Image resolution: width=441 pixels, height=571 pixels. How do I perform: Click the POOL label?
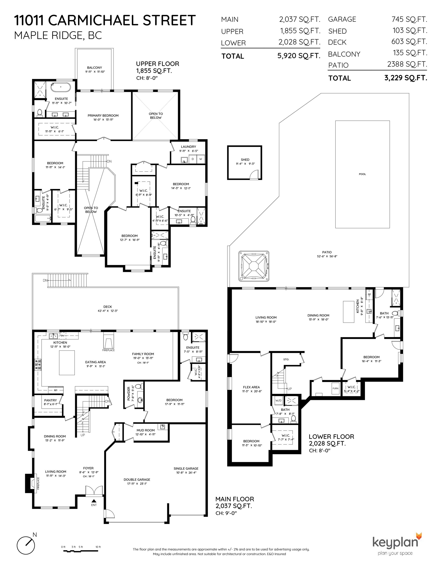click(x=362, y=174)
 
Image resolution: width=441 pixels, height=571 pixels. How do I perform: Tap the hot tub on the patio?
click(x=253, y=266)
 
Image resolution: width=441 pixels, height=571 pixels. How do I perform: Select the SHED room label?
click(x=245, y=160)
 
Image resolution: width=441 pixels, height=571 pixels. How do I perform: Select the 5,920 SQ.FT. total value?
click(x=299, y=56)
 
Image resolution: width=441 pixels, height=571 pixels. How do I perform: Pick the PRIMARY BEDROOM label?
click(x=103, y=115)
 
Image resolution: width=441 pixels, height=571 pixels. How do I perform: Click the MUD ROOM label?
click(x=146, y=430)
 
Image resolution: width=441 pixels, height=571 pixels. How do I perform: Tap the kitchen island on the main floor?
click(x=67, y=363)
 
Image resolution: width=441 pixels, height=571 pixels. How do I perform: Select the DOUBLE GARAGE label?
click(x=137, y=480)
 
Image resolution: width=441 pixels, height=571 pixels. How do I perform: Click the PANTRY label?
click(x=51, y=400)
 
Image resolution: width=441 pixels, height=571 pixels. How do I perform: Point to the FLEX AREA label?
click(x=251, y=387)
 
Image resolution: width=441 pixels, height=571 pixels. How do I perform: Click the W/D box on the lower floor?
click(x=278, y=400)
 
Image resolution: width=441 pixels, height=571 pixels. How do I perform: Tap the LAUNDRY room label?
click(x=189, y=147)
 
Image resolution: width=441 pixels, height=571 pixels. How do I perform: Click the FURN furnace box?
click(x=335, y=389)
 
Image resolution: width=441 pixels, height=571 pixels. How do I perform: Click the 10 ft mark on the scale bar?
click(x=98, y=547)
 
